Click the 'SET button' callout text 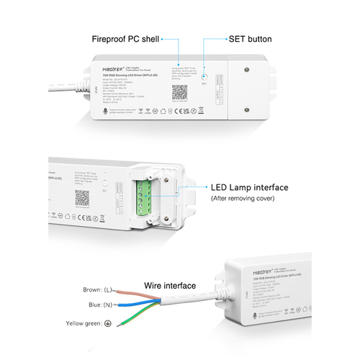pos(251,38)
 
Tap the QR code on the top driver pos(181,92)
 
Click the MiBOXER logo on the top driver pos(106,66)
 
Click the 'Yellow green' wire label pos(84,323)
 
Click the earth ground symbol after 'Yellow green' pos(107,323)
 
